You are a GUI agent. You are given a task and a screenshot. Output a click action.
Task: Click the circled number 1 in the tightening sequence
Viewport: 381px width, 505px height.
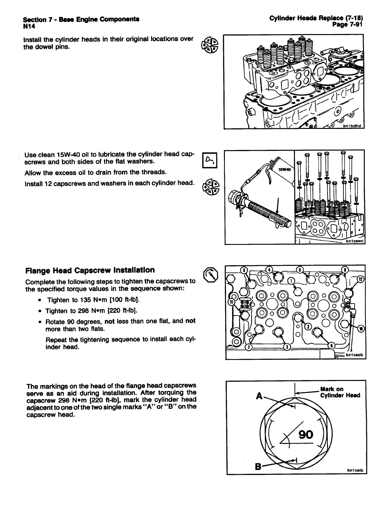(x=291, y=281)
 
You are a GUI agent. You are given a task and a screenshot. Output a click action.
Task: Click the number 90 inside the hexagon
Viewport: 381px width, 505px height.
(x=306, y=435)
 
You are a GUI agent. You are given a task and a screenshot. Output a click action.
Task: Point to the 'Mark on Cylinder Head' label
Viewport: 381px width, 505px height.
(x=340, y=392)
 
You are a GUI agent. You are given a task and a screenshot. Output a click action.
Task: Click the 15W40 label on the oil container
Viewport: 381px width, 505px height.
(x=284, y=169)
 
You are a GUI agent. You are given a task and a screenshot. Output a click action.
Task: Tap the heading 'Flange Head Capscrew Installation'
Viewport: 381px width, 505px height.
(x=90, y=270)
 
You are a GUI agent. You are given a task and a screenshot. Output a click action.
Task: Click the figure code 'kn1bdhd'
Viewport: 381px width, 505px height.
(x=352, y=126)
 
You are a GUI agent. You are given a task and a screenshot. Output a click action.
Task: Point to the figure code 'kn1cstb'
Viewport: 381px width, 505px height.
(x=355, y=471)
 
